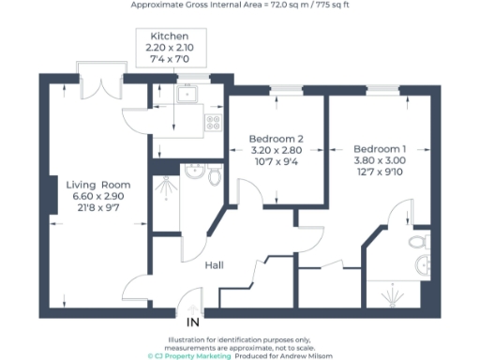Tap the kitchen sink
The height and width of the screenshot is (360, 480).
click(x=186, y=94)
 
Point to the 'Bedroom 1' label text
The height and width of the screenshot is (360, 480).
click(x=380, y=148)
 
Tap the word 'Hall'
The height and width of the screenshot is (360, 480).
click(x=214, y=265)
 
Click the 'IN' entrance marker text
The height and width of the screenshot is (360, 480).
click(x=193, y=322)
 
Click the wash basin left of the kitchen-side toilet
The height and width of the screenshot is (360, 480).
click(x=195, y=171)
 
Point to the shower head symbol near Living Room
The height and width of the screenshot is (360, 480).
click(x=167, y=185)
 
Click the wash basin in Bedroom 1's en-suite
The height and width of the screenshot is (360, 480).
click(x=420, y=266)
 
